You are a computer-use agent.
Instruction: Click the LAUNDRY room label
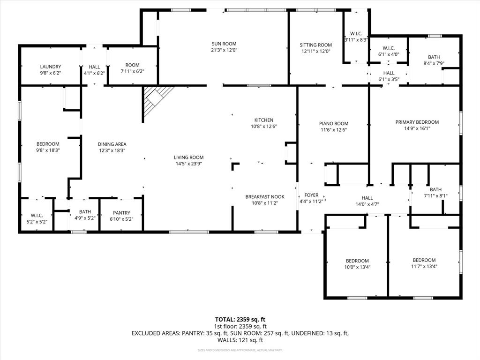(x=50, y=67)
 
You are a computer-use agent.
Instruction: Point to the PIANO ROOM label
(x=334, y=123)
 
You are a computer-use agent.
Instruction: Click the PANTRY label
(x=121, y=213)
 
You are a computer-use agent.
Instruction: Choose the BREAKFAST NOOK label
(x=265, y=197)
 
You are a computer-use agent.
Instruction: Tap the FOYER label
(x=311, y=195)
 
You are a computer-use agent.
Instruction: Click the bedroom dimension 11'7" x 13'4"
(x=424, y=266)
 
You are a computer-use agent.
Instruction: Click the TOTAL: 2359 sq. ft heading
(x=240, y=320)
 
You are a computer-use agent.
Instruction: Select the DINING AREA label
(x=112, y=144)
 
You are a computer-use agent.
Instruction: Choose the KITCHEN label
(x=263, y=120)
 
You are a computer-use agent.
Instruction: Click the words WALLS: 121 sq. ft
(x=240, y=340)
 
